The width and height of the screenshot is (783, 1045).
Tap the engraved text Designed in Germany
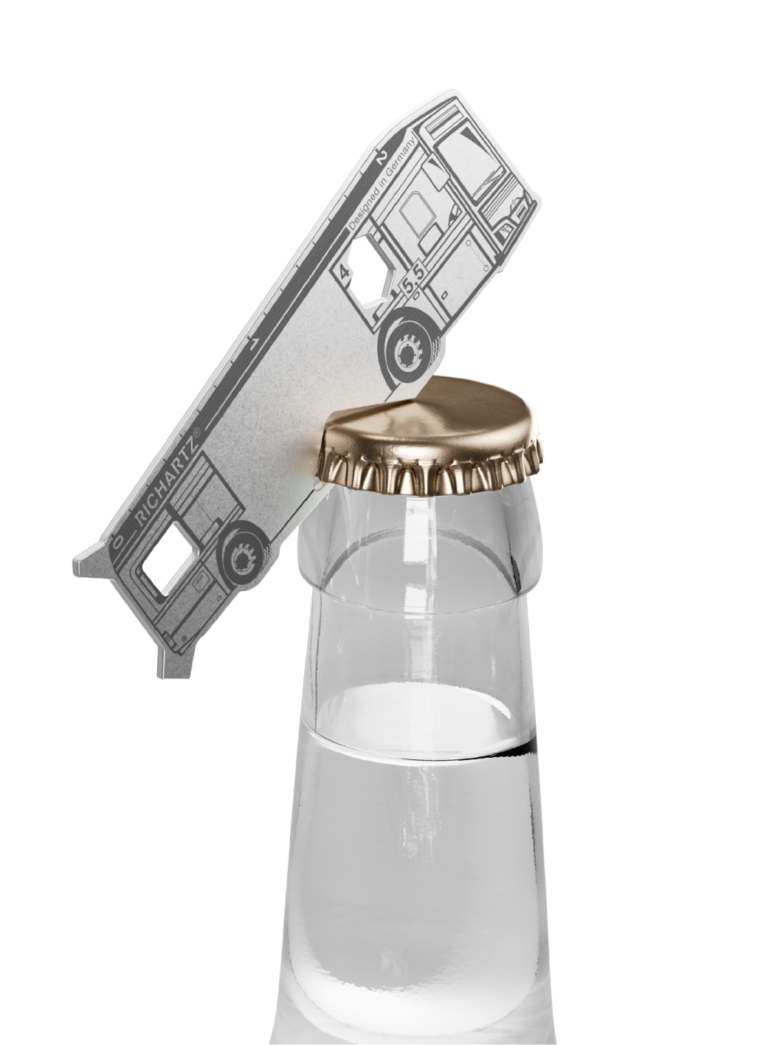pyautogui.click(x=382, y=183)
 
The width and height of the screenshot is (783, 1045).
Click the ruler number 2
pyautogui.click(x=381, y=158)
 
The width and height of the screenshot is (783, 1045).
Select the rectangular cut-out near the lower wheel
pyautogui.click(x=170, y=557)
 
